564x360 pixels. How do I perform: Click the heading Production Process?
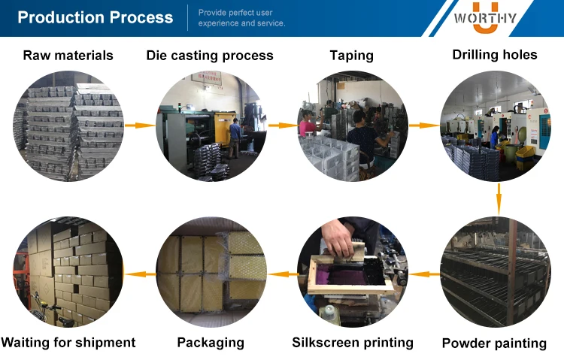click(x=95, y=17)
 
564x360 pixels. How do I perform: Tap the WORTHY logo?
click(x=487, y=19)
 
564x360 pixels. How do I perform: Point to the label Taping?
click(x=351, y=56)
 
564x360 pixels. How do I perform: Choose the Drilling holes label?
click(x=494, y=55)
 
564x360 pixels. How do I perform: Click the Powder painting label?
click(x=494, y=343)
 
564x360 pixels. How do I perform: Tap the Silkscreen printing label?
click(x=352, y=343)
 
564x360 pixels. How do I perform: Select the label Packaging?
click(x=211, y=343)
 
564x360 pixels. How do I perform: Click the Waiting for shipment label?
click(x=68, y=343)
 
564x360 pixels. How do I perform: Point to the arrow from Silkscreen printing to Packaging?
click(x=280, y=274)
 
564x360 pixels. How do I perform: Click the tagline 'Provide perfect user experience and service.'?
click(x=241, y=18)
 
